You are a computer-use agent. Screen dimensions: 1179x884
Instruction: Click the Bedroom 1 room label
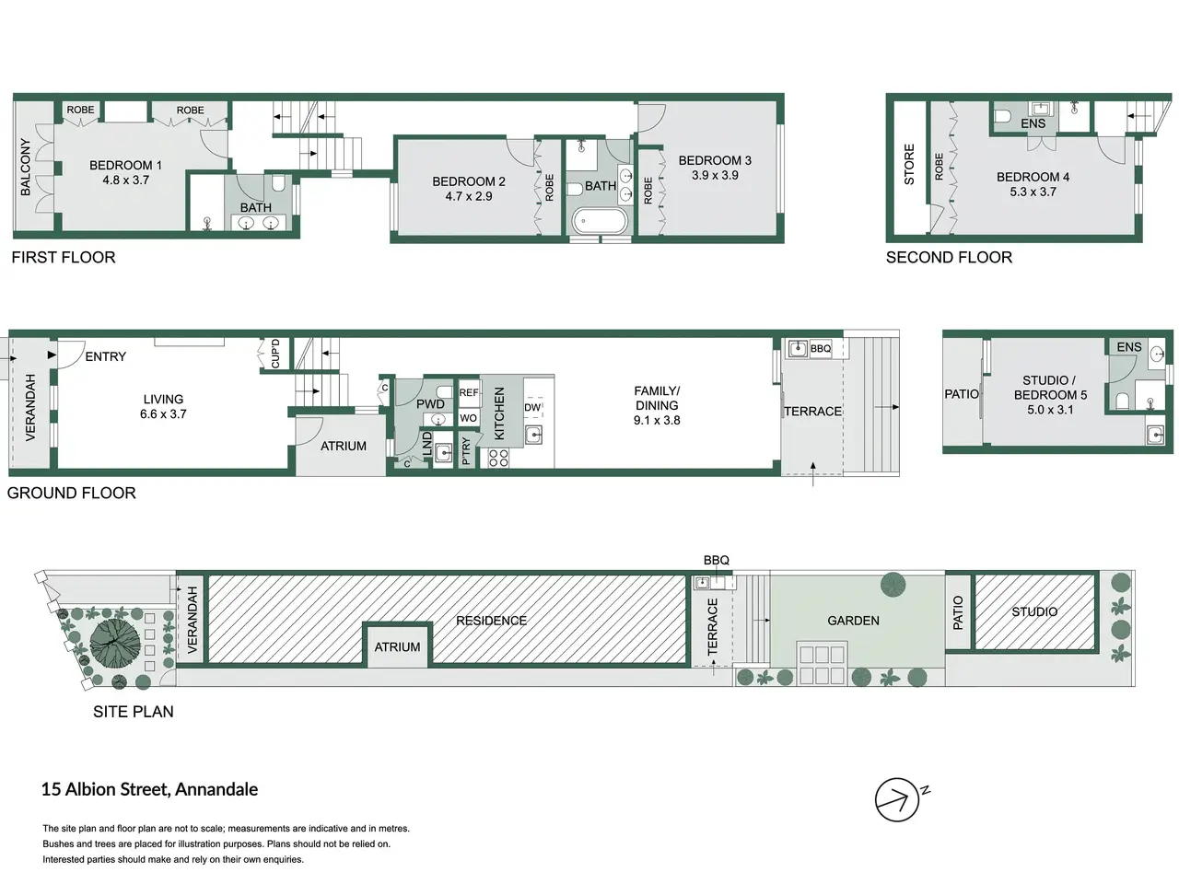pos(125,166)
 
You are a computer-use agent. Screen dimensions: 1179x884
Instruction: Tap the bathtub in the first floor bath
pos(600,221)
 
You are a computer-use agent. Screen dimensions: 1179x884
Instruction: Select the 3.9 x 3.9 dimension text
pos(715,176)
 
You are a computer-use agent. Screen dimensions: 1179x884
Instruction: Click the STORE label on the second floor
pos(909,164)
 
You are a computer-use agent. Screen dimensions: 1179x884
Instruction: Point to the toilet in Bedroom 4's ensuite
pos(1002,116)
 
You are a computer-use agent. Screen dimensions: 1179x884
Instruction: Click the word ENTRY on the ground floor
pos(106,356)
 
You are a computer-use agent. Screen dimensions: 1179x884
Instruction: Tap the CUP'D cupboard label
pos(275,354)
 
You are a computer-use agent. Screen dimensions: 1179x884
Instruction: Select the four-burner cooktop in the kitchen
pos(498,458)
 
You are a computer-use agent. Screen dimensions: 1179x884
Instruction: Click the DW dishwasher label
pos(531,407)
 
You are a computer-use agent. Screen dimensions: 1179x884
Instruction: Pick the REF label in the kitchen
pos(469,392)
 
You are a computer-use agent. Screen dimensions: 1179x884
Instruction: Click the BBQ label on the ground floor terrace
pos(821,349)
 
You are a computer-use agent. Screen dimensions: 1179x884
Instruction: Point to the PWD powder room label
pos(430,404)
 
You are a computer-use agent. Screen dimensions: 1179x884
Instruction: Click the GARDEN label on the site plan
pos(854,621)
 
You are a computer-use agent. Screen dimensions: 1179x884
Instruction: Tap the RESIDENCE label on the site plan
pos(491,621)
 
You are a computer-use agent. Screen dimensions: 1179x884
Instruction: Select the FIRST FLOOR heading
pos(64,257)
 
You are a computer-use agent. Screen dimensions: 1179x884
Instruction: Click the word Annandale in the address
pos(216,789)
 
